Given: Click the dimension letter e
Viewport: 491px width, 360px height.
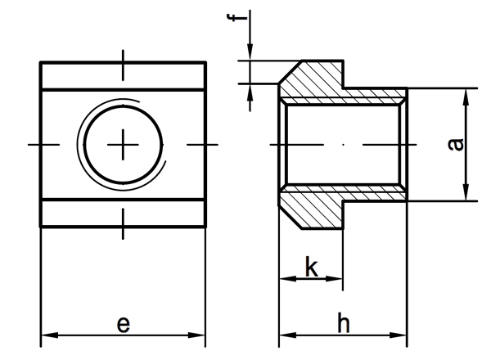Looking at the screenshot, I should (123, 325).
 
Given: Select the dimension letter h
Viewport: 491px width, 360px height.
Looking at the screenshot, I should (344, 324).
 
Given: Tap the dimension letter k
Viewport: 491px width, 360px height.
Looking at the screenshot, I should (311, 267).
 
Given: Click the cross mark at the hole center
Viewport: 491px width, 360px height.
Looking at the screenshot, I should (124, 145).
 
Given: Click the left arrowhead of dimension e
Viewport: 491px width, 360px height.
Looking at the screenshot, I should (47, 335).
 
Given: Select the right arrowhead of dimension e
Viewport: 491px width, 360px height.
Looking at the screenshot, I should (200, 335).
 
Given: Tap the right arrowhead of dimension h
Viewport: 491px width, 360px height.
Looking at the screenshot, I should (401, 335).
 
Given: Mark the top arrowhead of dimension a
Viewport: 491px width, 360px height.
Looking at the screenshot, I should (466, 93).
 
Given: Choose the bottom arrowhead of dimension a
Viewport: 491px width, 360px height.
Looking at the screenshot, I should (466, 196).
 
